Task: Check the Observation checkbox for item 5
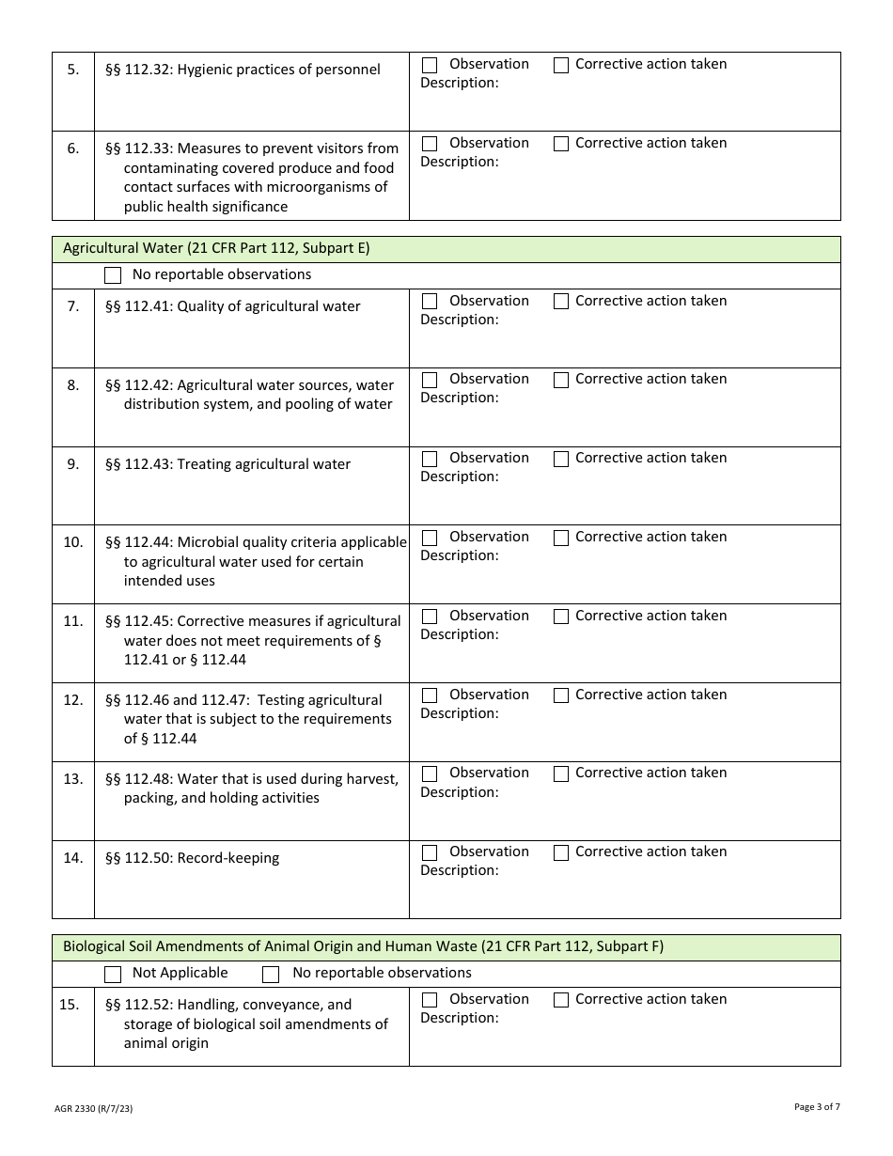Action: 430,65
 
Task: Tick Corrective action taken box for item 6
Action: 561,144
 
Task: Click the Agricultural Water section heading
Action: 216,249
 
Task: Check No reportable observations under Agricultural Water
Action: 113,275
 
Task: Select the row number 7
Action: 73,306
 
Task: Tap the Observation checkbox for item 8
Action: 430,380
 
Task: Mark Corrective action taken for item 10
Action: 561,538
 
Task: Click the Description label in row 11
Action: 459,634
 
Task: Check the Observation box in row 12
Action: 430,695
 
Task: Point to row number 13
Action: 73,779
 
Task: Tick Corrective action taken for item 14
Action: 561,852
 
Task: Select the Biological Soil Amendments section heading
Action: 363,946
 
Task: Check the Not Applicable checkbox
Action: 113,974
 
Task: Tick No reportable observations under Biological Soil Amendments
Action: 271,974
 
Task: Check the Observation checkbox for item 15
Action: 430,1000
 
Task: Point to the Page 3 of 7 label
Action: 817,1107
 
